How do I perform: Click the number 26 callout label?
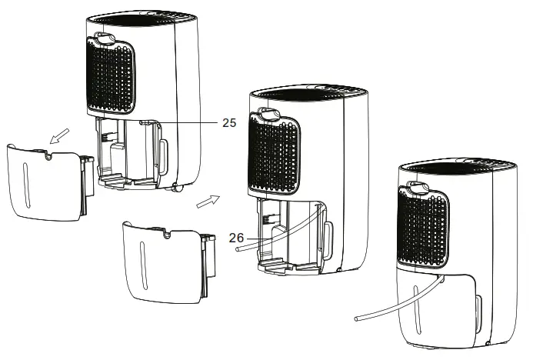coord(238,238)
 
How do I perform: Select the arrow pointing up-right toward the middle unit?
coord(208,202)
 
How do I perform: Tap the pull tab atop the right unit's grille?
coord(420,185)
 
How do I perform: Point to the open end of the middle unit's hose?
coord(241,251)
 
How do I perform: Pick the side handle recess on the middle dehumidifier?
coord(328,232)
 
